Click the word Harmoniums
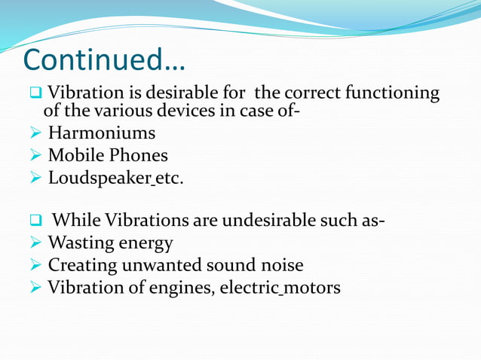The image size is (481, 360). pyautogui.click(x=102, y=134)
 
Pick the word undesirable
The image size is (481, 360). pyautogui.click(x=293, y=221)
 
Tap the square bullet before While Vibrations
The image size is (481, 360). pyautogui.click(x=35, y=221)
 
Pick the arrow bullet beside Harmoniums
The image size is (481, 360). pyautogui.click(x=35, y=134)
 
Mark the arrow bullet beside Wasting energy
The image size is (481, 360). pyautogui.click(x=35, y=243)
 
